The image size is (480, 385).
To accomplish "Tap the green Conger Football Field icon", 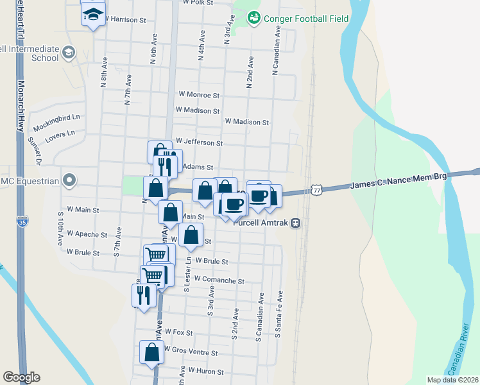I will coord(253,18).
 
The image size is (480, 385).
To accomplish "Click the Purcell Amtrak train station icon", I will coord(295,223).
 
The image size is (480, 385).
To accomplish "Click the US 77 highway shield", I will coord(316,189).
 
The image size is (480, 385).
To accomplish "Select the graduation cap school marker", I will coord(92,13).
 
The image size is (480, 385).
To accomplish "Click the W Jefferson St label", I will coord(199,142).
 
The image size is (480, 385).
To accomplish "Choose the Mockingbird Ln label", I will coord(56,118).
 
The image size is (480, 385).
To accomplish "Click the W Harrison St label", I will coord(129,19).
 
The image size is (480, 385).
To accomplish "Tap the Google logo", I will coord(21,377).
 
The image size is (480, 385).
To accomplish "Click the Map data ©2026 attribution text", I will coord(452,380).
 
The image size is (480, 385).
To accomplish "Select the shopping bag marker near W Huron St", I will coord(151,352).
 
